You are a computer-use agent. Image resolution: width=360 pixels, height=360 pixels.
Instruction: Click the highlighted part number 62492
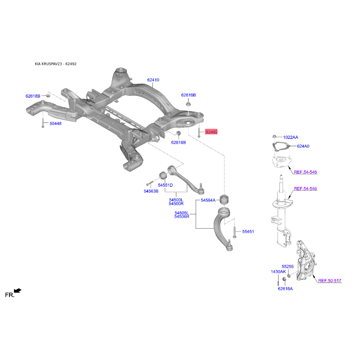[211, 132]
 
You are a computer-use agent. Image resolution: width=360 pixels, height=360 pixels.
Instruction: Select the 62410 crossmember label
[153, 80]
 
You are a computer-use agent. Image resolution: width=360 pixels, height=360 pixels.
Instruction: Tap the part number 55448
[55, 123]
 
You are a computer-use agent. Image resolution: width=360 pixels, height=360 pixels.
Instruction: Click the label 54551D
[165, 185]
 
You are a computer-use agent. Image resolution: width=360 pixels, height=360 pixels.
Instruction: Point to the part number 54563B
[151, 191]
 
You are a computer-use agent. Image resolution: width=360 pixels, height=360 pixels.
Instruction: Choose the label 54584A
[208, 200]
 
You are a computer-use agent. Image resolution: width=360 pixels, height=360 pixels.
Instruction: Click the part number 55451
[248, 232]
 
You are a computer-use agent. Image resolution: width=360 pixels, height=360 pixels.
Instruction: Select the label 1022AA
[291, 137]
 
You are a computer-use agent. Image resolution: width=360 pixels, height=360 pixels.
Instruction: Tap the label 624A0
[303, 146]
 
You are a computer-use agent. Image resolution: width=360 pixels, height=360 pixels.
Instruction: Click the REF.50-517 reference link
[330, 280]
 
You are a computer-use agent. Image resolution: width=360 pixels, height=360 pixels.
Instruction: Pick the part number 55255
[288, 266]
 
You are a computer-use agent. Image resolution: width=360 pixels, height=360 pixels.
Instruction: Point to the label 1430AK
[279, 272]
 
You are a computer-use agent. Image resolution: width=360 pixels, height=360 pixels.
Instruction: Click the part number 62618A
[285, 289]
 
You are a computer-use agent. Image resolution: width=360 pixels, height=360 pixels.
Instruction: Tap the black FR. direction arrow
[18, 291]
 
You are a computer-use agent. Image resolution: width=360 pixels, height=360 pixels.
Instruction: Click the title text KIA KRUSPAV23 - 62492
[55, 64]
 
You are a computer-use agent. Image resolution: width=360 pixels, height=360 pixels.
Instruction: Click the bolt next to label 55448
[43, 123]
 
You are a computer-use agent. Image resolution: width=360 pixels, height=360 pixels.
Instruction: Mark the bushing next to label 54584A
[225, 199]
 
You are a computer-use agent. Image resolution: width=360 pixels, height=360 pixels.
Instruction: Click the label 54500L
[176, 200]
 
